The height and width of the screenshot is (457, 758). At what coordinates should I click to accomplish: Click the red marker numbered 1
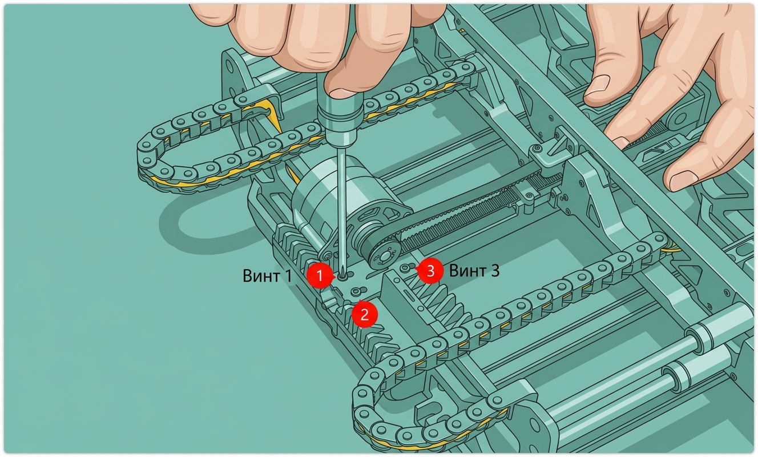pos(320,276)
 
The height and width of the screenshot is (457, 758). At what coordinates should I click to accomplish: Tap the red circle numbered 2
pos(365,315)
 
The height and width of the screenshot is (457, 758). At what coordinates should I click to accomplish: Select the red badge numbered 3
pos(430,271)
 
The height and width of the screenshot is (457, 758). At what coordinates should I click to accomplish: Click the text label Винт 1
pos(267,276)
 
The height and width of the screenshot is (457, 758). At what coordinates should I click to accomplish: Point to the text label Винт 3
pos(474,271)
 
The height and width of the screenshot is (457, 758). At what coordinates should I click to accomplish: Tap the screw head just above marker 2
pos(355,292)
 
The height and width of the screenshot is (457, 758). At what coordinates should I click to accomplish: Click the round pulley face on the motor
pos(384,256)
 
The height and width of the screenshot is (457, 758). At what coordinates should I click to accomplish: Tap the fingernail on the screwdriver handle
pos(342,93)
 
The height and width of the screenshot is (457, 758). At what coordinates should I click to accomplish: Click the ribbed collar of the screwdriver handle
pos(340,114)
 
